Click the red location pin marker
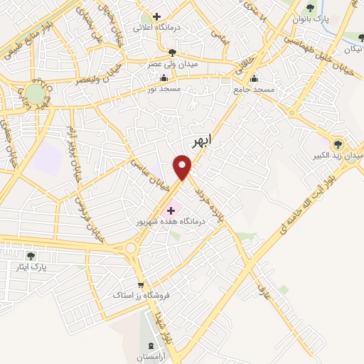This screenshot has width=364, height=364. (183, 167)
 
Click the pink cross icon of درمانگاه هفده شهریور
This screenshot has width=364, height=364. (171, 210)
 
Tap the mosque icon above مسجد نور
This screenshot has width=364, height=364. (165, 78)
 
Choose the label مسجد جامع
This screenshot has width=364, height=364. (255, 90)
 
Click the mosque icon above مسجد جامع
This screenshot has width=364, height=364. (255, 79)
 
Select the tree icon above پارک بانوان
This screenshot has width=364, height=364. (309, 9)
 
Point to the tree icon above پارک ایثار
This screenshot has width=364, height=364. (31, 256)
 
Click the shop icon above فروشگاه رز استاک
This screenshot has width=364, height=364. (140, 283)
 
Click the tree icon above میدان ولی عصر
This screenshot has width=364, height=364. (171, 52)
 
